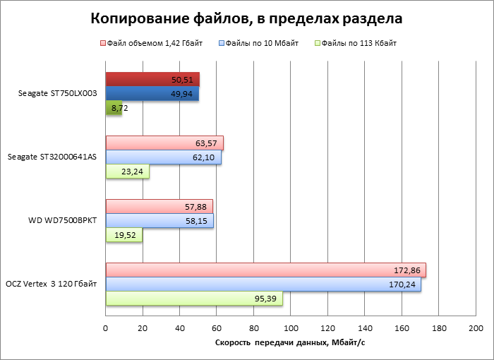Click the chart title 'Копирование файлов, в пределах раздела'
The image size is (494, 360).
[x=247, y=17]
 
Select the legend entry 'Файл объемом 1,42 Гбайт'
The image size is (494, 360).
[x=155, y=44]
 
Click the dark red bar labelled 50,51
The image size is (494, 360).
[x=152, y=79]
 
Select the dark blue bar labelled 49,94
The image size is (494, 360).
[x=152, y=93]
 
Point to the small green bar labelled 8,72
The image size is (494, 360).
[x=113, y=108]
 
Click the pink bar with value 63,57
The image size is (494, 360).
[x=164, y=143]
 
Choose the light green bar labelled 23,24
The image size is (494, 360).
[x=127, y=172]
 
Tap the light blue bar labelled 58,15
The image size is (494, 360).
[x=159, y=221]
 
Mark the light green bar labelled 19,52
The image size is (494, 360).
[x=123, y=235]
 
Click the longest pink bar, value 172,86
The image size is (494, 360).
[x=265, y=270]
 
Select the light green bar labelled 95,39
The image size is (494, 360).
[x=194, y=299]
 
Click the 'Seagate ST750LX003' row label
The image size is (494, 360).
[x=58, y=93]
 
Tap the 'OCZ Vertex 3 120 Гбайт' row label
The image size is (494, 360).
[x=54, y=284]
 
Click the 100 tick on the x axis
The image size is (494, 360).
[x=291, y=328]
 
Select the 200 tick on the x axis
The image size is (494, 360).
[x=476, y=328]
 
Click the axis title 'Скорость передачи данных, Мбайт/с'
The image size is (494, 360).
[x=289, y=343]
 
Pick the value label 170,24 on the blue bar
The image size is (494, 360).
[x=403, y=284]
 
